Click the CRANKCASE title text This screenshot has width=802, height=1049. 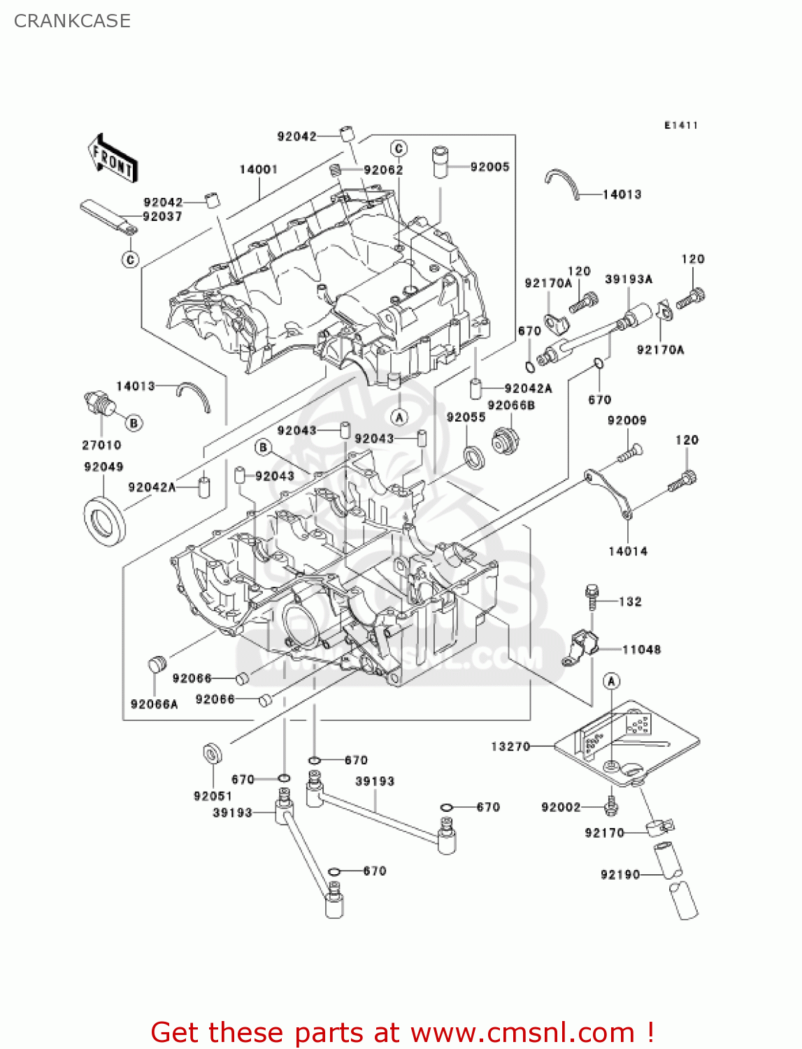click(x=72, y=21)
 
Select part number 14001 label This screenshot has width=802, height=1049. click(x=258, y=169)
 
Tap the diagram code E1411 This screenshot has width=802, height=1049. click(x=680, y=125)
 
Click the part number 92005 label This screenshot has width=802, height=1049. click(x=489, y=166)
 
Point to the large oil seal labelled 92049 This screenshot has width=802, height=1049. click(x=106, y=521)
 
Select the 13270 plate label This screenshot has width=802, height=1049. click(x=510, y=746)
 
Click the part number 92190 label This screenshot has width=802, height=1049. click(x=620, y=874)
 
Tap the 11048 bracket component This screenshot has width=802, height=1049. click(x=582, y=647)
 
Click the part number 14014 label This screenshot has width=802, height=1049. click(x=627, y=551)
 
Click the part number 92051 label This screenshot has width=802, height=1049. click(x=213, y=796)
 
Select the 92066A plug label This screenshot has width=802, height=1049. click(x=154, y=704)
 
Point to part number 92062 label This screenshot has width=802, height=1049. click(x=383, y=170)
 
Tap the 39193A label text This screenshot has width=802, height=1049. click(x=628, y=279)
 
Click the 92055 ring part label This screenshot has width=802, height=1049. click(x=466, y=417)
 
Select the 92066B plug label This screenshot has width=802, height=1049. click(x=510, y=405)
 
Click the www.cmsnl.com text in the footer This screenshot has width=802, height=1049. click(x=522, y=1032)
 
